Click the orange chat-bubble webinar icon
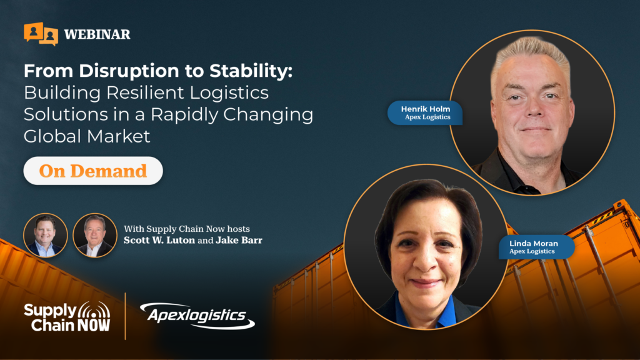pyautogui.click(x=41, y=34)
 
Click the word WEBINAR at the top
pyautogui.click(x=97, y=35)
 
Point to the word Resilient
pyautogui.click(x=146, y=92)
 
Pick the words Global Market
pyautogui.click(x=87, y=136)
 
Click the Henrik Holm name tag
pyautogui.click(x=425, y=112)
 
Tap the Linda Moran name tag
pyautogui.click(x=536, y=247)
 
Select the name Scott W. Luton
pyautogui.click(x=159, y=240)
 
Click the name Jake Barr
pyautogui.click(x=239, y=240)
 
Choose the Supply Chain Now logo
pyautogui.click(x=67, y=317)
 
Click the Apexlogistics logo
pyautogui.click(x=197, y=316)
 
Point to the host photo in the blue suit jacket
pyautogui.click(x=45, y=236)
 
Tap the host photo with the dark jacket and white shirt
pyautogui.click(x=95, y=236)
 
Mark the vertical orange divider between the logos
pyautogui.click(x=125, y=316)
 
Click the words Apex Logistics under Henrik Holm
pyautogui.click(x=427, y=117)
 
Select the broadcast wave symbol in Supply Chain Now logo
pyautogui.click(x=94, y=310)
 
